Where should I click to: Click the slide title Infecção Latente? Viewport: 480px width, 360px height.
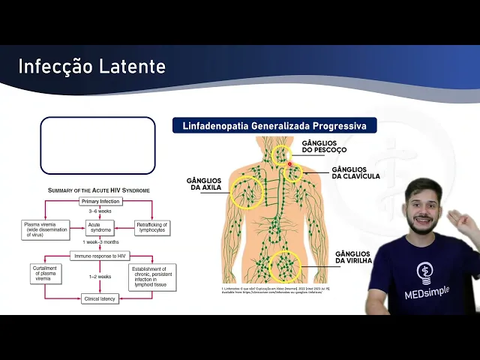pyautogui.click(x=92, y=67)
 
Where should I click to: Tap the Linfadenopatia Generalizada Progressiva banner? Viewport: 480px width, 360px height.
pyautogui.click(x=274, y=126)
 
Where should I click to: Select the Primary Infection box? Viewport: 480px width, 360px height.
pyautogui.click(x=100, y=202)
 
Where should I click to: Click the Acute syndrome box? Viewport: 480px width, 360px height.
pyautogui.click(x=100, y=228)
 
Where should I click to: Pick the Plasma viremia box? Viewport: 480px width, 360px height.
pyautogui.click(x=46, y=228)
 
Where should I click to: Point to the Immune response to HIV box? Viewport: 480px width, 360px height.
pyautogui.click(x=100, y=255)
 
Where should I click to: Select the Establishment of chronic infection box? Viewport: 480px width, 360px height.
pyautogui.click(x=152, y=277)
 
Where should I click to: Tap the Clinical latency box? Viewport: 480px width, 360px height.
pyautogui.click(x=100, y=299)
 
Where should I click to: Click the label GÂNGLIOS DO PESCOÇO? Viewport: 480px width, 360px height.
pyautogui.click(x=319, y=146)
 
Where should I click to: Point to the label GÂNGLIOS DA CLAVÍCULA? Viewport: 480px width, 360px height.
pyautogui.click(x=355, y=173)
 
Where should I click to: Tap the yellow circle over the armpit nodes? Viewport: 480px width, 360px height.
pyautogui.click(x=247, y=192)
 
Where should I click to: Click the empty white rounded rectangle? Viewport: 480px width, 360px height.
pyautogui.click(x=97, y=145)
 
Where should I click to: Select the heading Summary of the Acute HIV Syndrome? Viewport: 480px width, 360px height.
pyautogui.click(x=100, y=190)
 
